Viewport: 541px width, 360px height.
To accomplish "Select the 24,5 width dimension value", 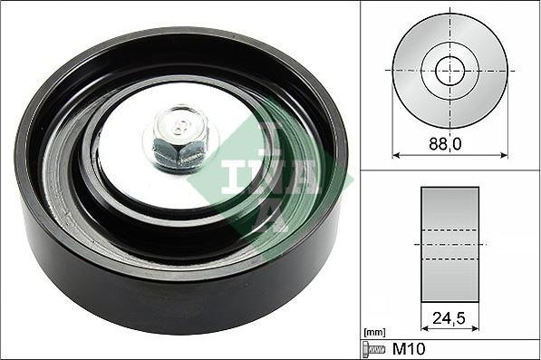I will (449, 319).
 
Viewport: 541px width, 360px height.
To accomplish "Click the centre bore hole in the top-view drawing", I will (449, 70).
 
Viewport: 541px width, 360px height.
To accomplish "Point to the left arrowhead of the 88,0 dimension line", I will (395, 154).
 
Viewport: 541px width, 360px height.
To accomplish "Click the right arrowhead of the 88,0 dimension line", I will (505, 154).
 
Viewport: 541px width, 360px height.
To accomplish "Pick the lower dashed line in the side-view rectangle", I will (449, 259).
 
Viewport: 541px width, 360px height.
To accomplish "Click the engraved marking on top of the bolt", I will (182, 124).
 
